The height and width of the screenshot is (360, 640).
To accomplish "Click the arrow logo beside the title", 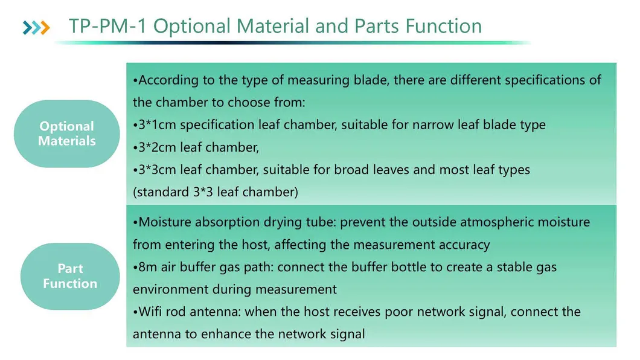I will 36,27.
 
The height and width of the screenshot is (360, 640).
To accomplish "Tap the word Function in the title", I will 443,27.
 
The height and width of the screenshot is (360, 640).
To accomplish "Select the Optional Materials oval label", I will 66,133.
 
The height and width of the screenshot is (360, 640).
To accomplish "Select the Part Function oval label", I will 70,276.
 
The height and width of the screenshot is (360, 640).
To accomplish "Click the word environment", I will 171,289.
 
